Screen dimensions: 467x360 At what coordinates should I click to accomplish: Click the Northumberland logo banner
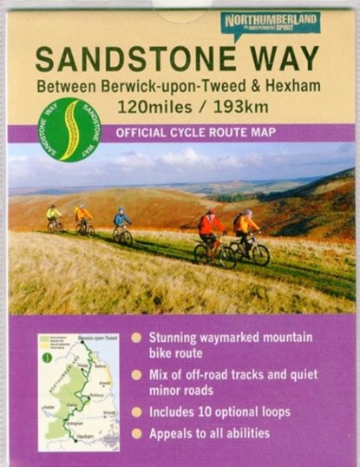[270, 23]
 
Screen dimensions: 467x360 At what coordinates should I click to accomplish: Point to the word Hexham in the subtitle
[292, 88]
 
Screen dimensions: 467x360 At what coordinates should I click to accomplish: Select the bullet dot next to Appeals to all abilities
[136, 432]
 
